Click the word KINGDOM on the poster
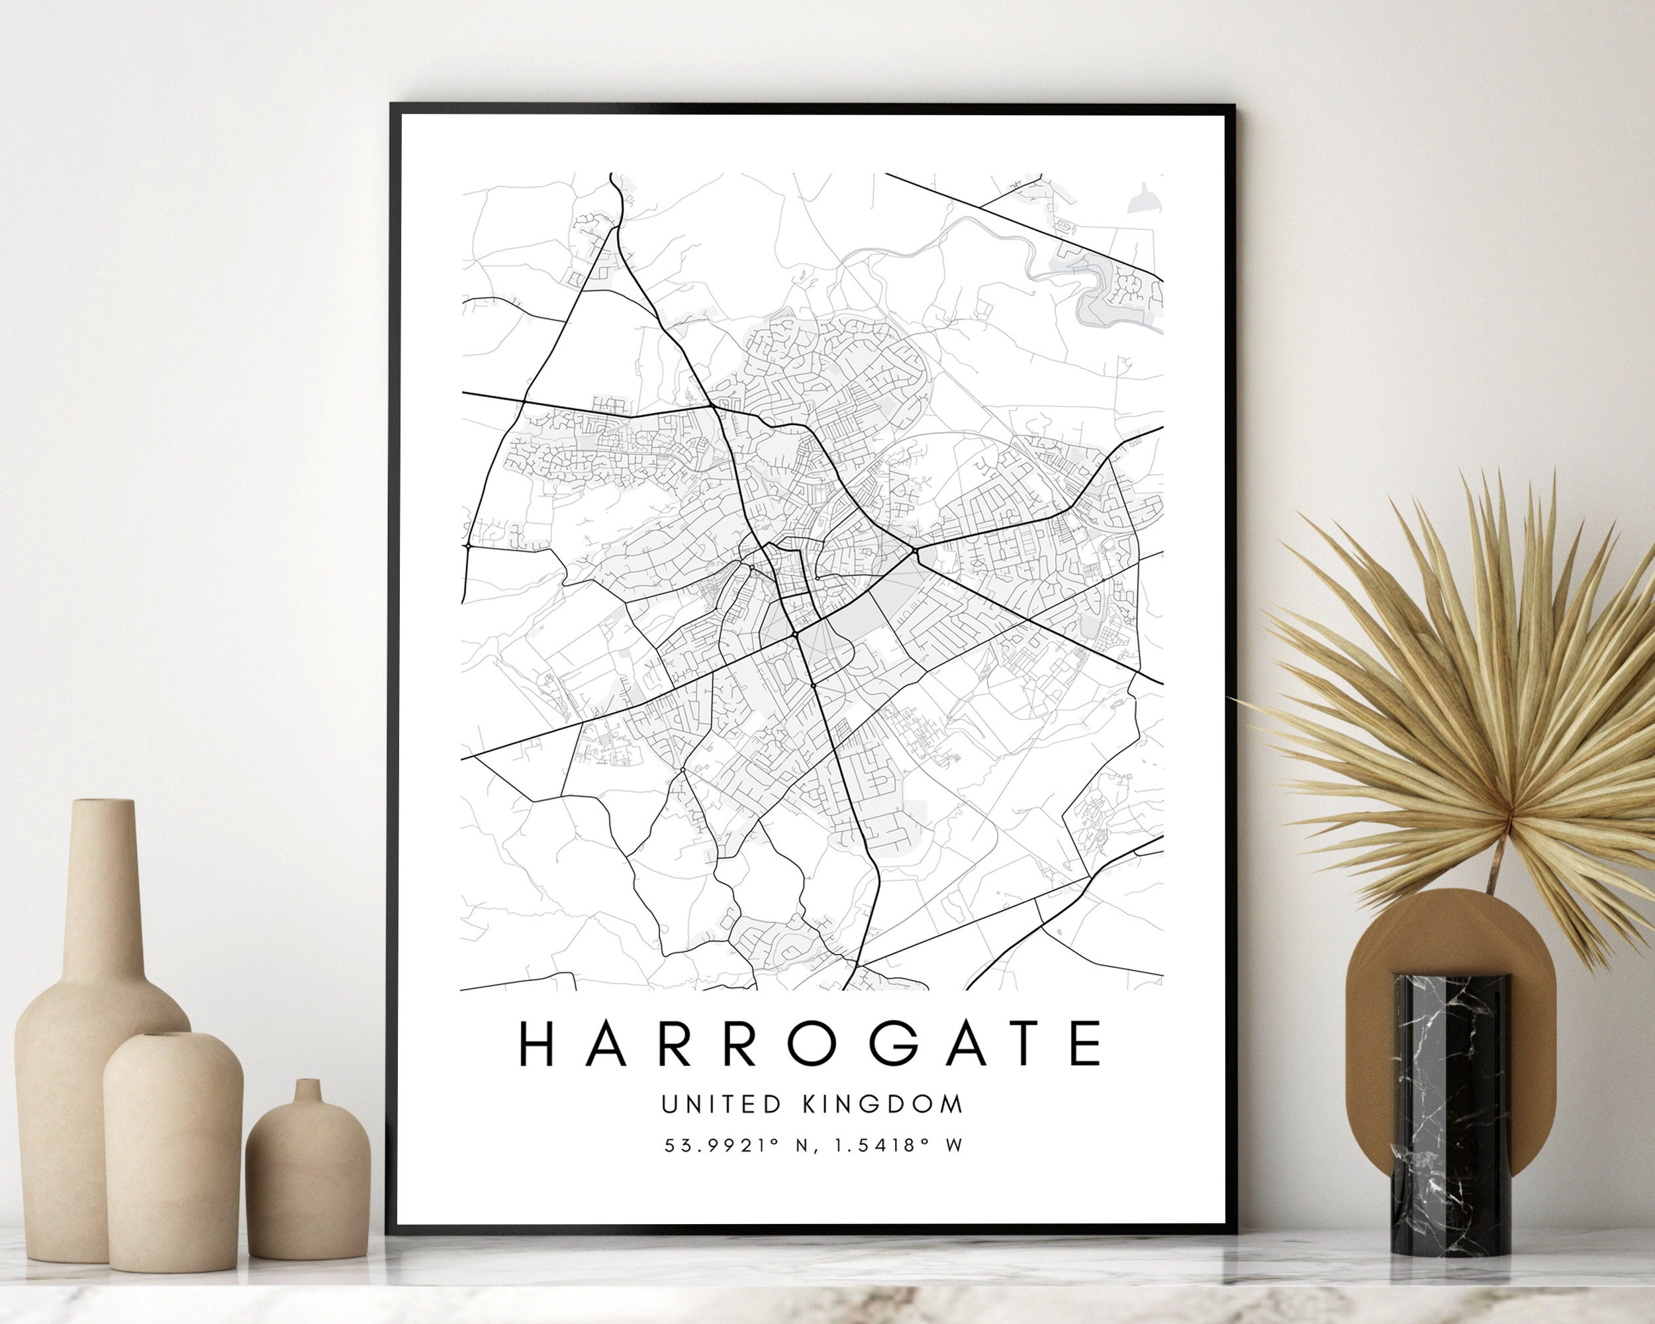pos(882,1104)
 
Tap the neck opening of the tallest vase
pos(102,804)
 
